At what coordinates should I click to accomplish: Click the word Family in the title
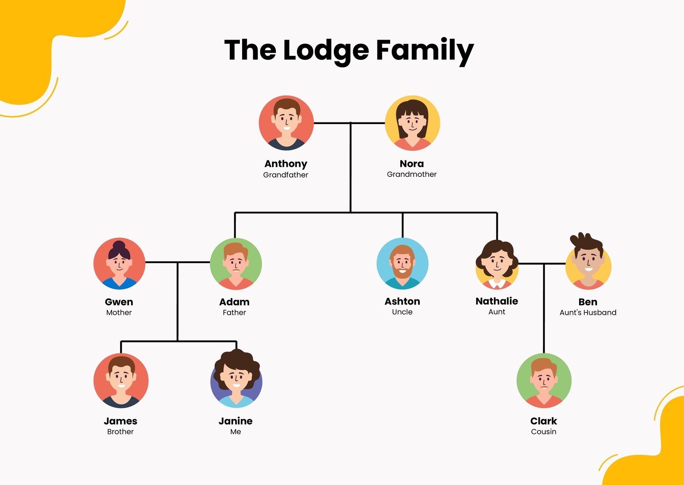(x=425, y=51)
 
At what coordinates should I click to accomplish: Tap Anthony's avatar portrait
(x=286, y=123)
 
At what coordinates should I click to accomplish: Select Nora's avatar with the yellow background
(x=412, y=123)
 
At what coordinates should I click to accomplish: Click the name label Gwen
(x=119, y=302)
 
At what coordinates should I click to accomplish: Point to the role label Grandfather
(x=286, y=175)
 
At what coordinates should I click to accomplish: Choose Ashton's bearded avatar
(x=403, y=264)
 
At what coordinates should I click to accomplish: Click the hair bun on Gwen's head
(x=119, y=246)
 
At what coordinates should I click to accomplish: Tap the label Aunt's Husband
(x=588, y=312)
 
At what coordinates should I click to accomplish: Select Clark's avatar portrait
(x=544, y=380)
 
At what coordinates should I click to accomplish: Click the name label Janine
(x=236, y=421)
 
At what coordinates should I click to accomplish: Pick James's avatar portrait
(x=121, y=380)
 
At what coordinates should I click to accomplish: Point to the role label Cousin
(x=544, y=432)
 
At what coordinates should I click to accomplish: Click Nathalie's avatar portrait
(x=497, y=264)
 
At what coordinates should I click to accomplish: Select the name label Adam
(x=234, y=302)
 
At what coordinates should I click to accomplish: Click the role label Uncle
(x=402, y=312)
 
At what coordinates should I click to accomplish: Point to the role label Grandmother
(x=412, y=174)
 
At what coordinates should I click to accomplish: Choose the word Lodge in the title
(x=326, y=51)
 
